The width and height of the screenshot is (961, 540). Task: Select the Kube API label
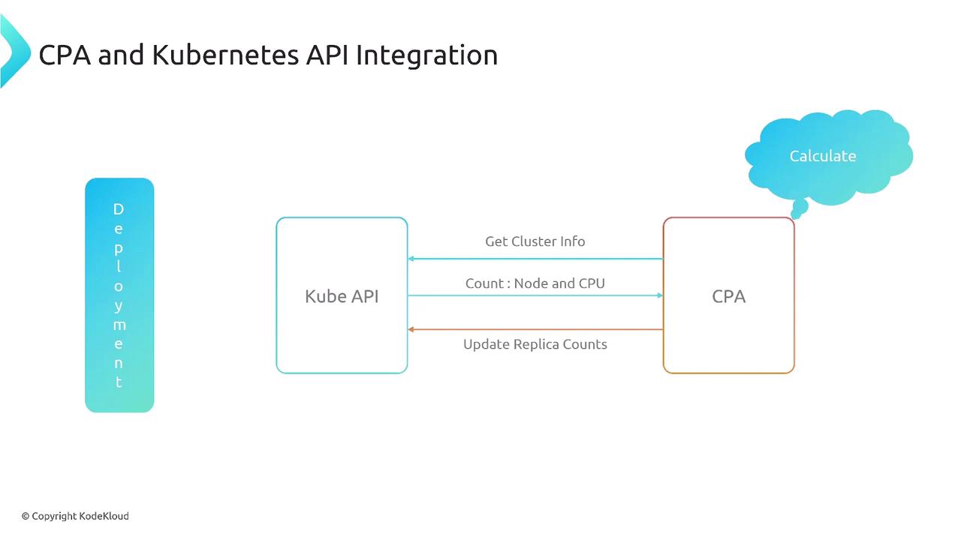click(x=342, y=296)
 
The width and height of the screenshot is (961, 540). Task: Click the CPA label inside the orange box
click(x=728, y=296)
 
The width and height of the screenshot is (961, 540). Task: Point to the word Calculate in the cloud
click(x=823, y=156)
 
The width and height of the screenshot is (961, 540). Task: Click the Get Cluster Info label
click(x=535, y=241)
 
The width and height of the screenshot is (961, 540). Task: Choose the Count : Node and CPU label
click(x=535, y=283)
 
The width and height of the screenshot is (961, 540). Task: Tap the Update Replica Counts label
click(x=535, y=344)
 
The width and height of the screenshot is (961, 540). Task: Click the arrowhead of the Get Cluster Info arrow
click(x=411, y=259)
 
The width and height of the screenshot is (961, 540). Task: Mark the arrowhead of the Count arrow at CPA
click(x=660, y=295)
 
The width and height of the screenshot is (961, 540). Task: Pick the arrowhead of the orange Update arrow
click(x=411, y=329)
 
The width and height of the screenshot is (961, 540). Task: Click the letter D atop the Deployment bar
click(x=119, y=209)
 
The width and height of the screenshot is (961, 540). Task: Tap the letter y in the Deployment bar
click(x=119, y=306)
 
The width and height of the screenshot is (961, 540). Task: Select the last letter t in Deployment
click(x=119, y=382)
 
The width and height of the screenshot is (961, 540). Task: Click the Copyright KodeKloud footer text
click(x=75, y=516)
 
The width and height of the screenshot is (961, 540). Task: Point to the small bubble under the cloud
click(x=800, y=206)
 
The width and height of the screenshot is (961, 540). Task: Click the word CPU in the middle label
click(x=591, y=283)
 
